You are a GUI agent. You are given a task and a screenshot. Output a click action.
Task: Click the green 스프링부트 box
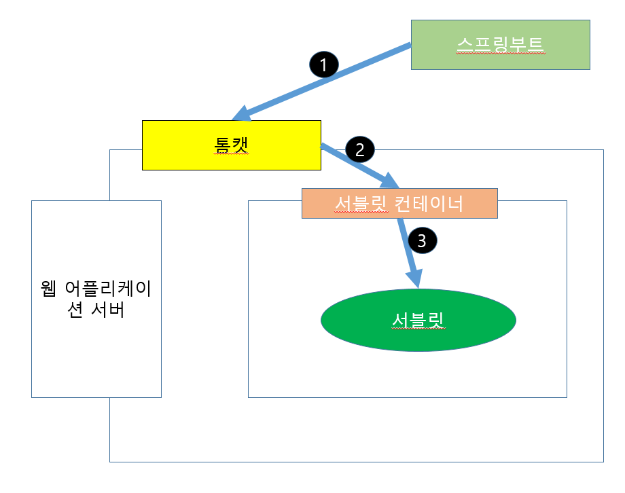(x=500, y=44)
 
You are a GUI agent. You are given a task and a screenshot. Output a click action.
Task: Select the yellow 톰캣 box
(x=231, y=145)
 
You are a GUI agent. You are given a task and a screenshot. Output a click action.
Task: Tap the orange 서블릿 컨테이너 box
(x=399, y=203)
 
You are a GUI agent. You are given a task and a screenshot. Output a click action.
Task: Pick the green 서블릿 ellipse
(x=418, y=320)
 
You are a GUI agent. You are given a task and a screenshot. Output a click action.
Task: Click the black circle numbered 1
(x=323, y=65)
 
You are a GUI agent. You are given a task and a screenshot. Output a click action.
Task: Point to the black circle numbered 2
(x=360, y=149)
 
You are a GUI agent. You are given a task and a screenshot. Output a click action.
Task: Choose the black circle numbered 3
(x=422, y=240)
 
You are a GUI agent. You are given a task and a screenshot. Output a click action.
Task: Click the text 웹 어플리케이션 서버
(x=96, y=299)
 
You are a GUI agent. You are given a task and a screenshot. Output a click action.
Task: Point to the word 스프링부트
(x=500, y=44)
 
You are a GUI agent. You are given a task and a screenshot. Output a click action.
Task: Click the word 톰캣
(x=231, y=145)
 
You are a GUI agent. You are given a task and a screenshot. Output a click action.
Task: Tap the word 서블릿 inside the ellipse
(x=418, y=320)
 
